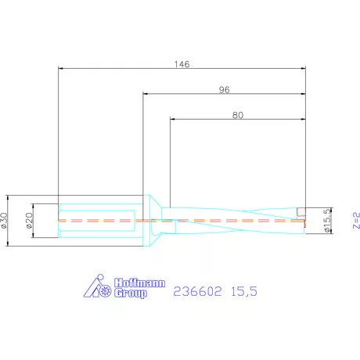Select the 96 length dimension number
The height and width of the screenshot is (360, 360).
tap(224, 89)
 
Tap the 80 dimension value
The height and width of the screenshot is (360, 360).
tap(238, 115)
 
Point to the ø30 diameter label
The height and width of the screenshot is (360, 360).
tap(6, 221)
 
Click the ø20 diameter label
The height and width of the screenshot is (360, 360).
tap(29, 221)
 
